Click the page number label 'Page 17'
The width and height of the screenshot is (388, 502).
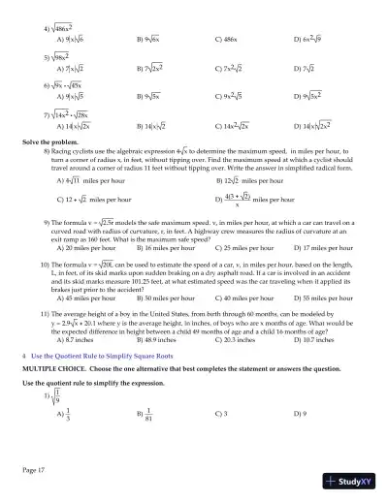32,470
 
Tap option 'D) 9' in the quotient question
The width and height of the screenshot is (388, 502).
301,423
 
